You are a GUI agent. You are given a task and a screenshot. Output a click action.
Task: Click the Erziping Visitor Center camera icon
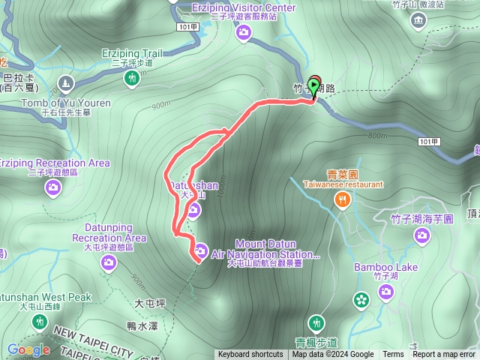pyautogui.click(x=244, y=32)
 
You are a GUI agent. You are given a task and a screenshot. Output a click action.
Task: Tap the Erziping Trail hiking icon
pyautogui.click(x=132, y=77)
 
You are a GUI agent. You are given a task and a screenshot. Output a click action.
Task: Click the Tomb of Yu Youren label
pyautogui.click(x=66, y=103)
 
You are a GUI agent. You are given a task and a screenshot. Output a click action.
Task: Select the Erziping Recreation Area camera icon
pyautogui.click(x=52, y=187)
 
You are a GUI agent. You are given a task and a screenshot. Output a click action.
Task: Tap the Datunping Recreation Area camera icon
pyautogui.click(x=109, y=262)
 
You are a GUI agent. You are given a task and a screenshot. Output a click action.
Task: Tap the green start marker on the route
pyautogui.click(x=313, y=86)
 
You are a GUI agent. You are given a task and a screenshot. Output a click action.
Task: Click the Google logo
pyautogui.click(x=28, y=349)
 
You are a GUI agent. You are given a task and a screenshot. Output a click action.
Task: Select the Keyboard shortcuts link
pyautogui.click(x=250, y=355)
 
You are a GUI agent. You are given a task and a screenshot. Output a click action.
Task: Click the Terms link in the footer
pyautogui.click(x=393, y=355)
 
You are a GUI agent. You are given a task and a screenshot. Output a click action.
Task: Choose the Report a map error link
pyautogui.click(x=444, y=355)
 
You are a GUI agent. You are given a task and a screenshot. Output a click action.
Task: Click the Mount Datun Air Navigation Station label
pyautogui.click(x=266, y=249)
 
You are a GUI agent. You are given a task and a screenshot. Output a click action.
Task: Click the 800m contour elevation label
pyautogui.click(x=377, y=136)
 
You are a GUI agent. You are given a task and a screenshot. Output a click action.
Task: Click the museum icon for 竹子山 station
pyautogui.click(x=418, y=19)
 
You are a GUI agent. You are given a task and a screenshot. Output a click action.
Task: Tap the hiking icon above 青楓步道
pyautogui.click(x=316, y=322)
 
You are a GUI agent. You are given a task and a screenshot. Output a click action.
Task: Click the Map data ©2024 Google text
pyautogui.click(x=333, y=355)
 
